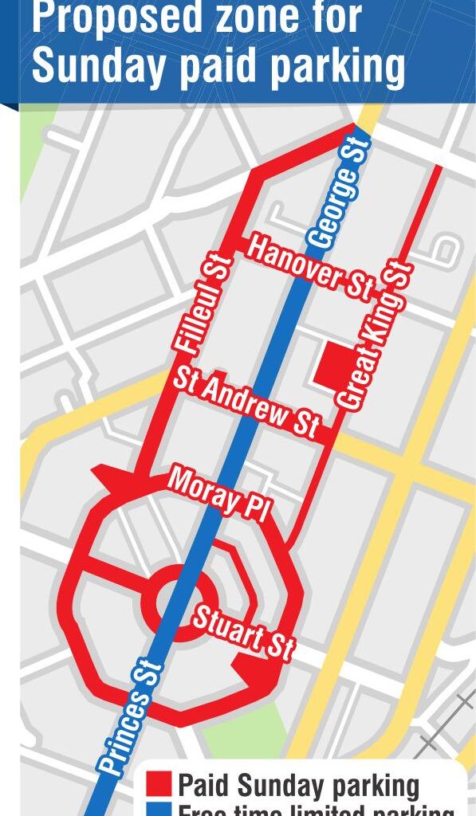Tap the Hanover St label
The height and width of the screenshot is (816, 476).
(309, 269)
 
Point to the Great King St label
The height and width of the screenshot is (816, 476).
(374, 335)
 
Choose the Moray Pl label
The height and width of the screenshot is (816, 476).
(216, 494)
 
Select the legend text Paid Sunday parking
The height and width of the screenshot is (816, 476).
(298, 786)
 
